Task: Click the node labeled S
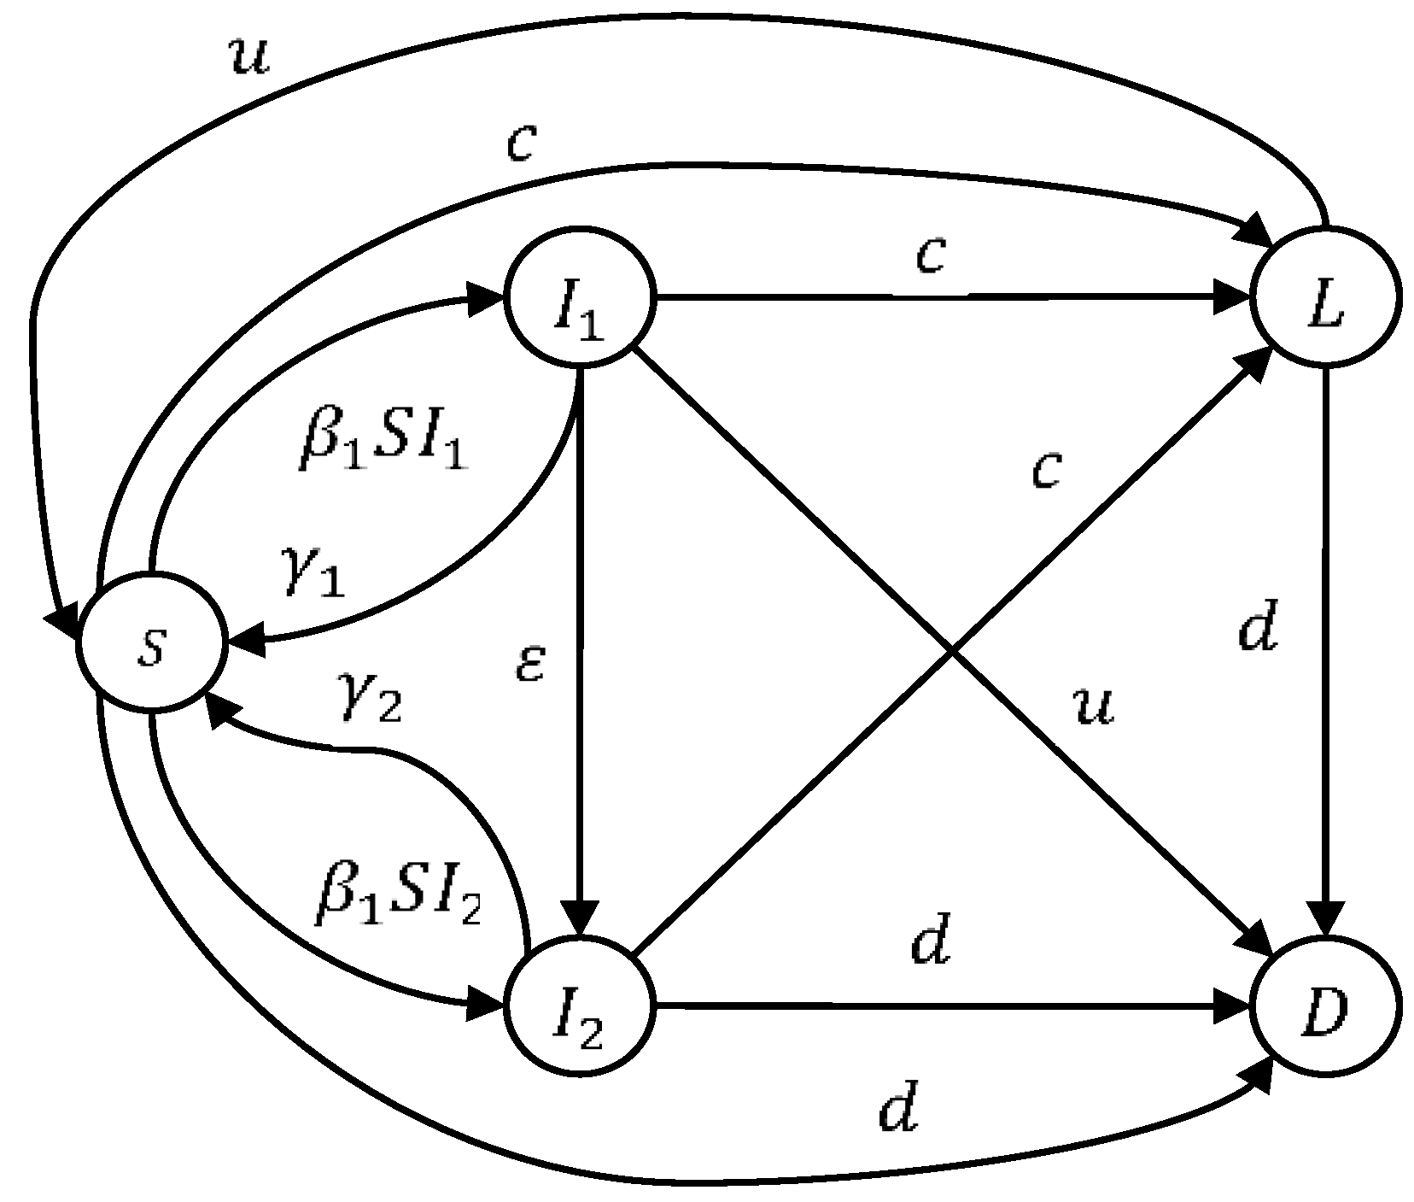[150, 647]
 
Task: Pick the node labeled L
[1324, 300]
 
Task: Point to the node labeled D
[1324, 1008]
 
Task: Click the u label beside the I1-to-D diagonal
[1094, 706]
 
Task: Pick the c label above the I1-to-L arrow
[930, 254]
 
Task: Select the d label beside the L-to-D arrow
[1258, 630]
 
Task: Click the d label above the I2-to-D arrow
[931, 943]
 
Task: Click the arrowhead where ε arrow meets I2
[579, 923]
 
